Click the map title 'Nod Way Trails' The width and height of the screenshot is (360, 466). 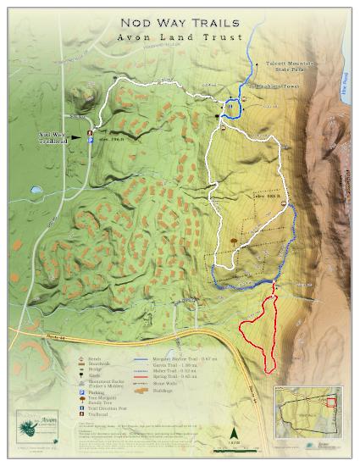[180, 23]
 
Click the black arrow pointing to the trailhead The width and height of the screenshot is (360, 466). [77, 134]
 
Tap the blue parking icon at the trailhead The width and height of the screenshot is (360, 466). [91, 141]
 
